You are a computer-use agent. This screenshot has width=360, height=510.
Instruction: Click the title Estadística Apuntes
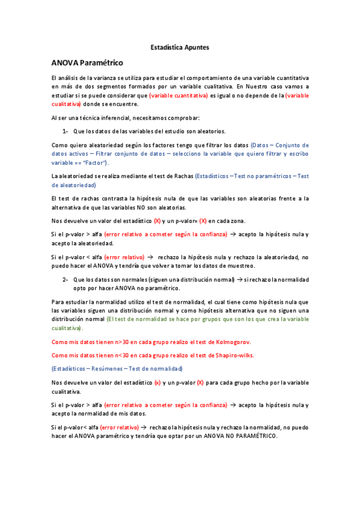(x=180, y=46)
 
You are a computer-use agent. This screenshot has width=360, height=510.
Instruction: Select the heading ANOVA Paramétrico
(x=87, y=63)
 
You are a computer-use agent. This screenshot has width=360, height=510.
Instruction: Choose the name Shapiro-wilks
(x=235, y=355)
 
